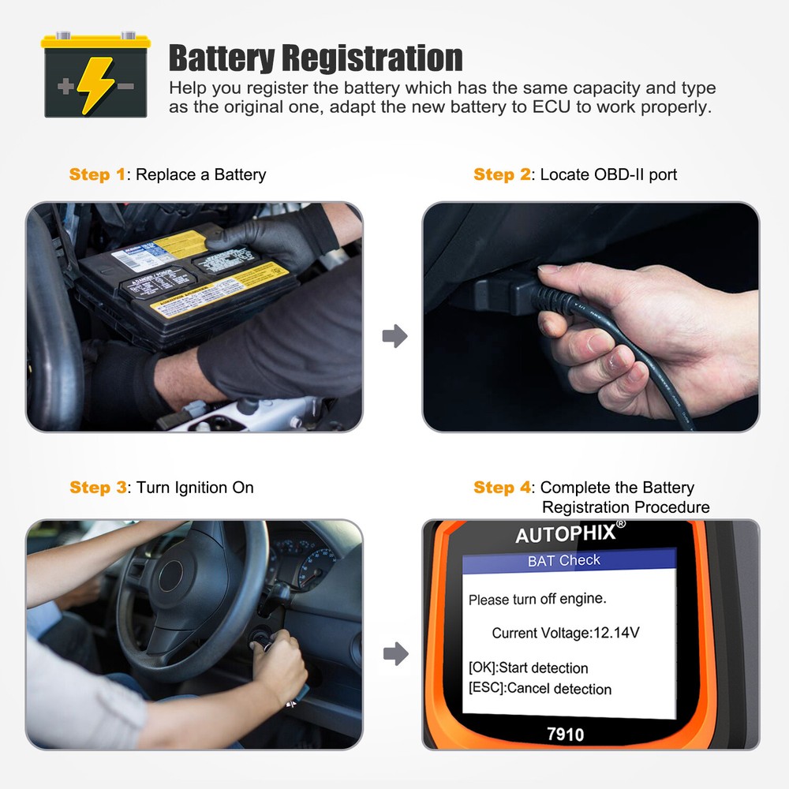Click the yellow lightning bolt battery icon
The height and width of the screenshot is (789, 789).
click(x=95, y=76)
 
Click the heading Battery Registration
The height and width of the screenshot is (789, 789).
click(x=316, y=58)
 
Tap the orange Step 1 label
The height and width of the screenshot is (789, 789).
click(x=97, y=174)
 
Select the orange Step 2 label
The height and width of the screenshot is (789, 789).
click(x=503, y=174)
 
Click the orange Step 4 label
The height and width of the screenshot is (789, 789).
click(x=503, y=488)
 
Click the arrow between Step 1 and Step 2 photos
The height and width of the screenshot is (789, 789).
click(x=394, y=337)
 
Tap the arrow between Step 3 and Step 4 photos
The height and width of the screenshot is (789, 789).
click(x=394, y=653)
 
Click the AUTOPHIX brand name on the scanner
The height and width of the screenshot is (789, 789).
click(x=565, y=534)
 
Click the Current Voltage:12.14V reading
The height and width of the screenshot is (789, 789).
click(x=565, y=633)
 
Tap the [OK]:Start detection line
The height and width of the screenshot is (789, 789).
click(x=528, y=668)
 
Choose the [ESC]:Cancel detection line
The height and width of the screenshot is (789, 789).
click(x=540, y=688)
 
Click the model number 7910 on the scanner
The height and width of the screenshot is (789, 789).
click(x=565, y=735)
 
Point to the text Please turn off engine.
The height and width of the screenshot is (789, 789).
click(x=537, y=600)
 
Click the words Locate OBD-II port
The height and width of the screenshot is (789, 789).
click(x=608, y=174)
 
